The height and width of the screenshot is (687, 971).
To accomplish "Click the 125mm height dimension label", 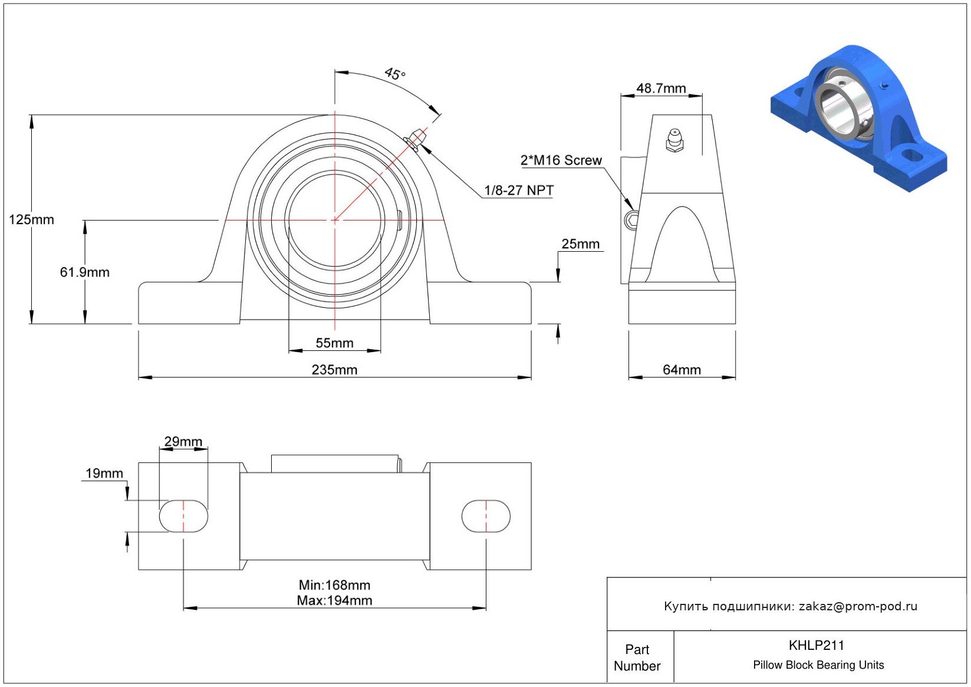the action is click(x=32, y=219).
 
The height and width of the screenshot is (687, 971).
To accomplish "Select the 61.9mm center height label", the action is click(x=84, y=272).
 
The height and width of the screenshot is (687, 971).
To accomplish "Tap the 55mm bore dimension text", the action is click(x=335, y=343).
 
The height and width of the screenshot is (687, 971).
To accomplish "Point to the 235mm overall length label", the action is click(x=335, y=370).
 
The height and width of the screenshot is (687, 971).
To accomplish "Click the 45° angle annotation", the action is click(x=395, y=74).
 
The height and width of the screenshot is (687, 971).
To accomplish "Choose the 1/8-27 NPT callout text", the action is click(x=519, y=190).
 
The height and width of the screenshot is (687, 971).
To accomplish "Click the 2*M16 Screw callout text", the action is click(x=561, y=160).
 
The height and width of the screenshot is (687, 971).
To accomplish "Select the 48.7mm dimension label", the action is click(x=661, y=88).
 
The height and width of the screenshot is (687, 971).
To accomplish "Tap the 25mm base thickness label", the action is click(x=581, y=244).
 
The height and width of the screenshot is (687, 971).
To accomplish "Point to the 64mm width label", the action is click(x=682, y=370).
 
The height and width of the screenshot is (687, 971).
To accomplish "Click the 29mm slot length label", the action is click(x=183, y=442).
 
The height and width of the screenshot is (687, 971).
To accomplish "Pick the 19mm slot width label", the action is click(x=104, y=473).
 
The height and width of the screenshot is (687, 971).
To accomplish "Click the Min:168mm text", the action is click(x=335, y=585).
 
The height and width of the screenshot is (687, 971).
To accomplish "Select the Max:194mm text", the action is click(x=335, y=601).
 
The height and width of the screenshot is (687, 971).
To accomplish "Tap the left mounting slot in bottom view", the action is click(x=183, y=516).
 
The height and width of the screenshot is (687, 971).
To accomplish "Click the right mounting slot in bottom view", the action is click(x=486, y=516).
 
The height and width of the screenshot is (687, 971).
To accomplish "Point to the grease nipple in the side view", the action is click(x=674, y=140).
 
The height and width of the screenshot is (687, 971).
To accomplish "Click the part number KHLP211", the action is click(x=817, y=645).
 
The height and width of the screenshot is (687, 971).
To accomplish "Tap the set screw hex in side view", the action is click(x=631, y=220).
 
